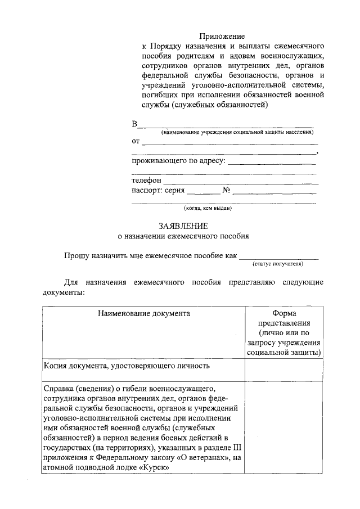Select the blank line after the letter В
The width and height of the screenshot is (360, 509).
tap(226, 125)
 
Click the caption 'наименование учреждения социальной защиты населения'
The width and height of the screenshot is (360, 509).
tap(237, 132)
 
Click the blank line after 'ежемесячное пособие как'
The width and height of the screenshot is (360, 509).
tap(278, 256)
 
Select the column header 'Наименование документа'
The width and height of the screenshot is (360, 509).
tap(143, 313)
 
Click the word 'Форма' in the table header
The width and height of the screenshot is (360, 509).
tap(283, 313)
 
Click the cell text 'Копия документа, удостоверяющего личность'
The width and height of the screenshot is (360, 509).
tap(127, 366)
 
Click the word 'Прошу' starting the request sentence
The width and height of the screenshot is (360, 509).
tap(76, 256)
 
